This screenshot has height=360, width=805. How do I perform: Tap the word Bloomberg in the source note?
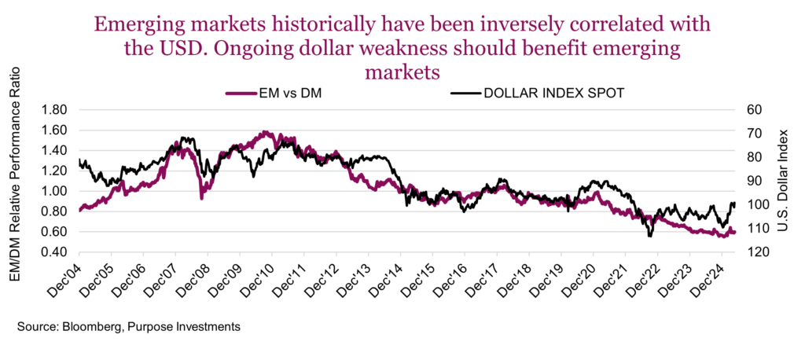point(88,325)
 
